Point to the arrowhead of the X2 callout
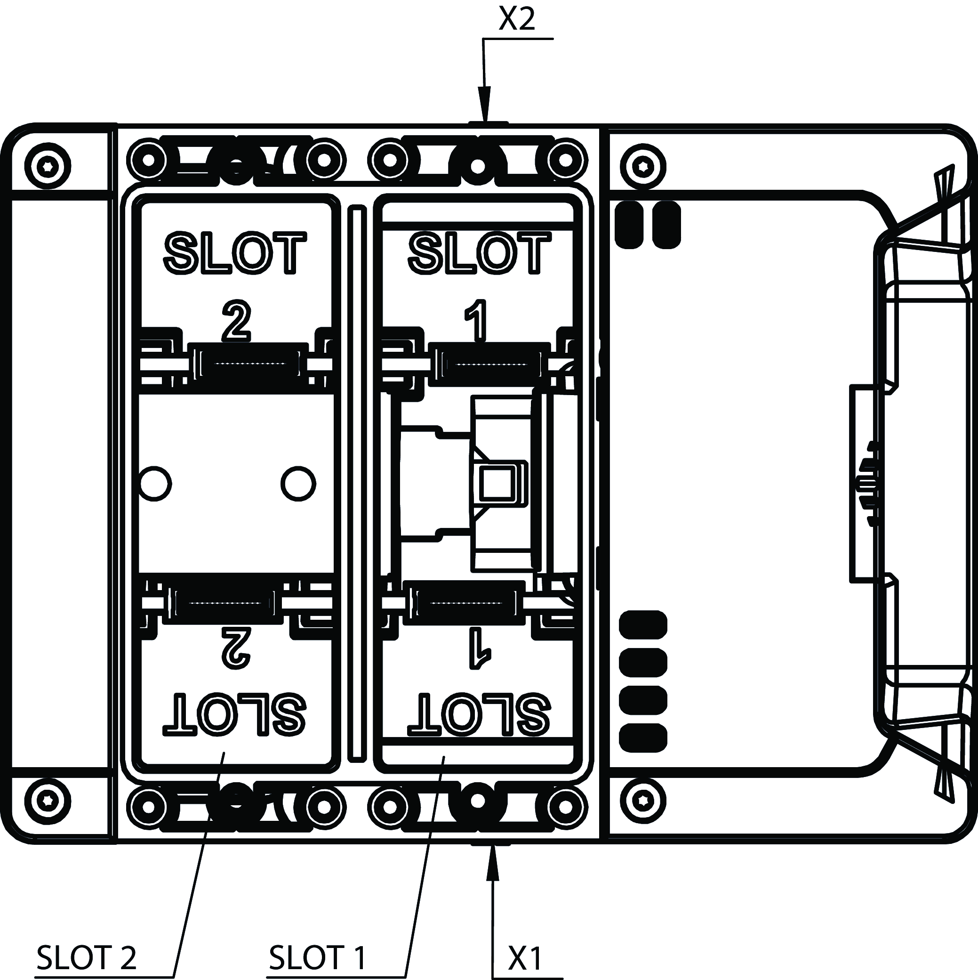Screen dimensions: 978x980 (485, 104)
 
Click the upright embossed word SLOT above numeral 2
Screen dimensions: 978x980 (235, 253)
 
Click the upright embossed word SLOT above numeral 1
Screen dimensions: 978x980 (480, 253)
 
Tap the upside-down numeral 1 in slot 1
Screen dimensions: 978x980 (477, 648)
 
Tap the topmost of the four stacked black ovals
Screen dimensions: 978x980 (643, 625)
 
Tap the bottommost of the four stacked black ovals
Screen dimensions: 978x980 (643, 737)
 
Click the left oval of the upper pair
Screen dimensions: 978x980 (629, 225)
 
